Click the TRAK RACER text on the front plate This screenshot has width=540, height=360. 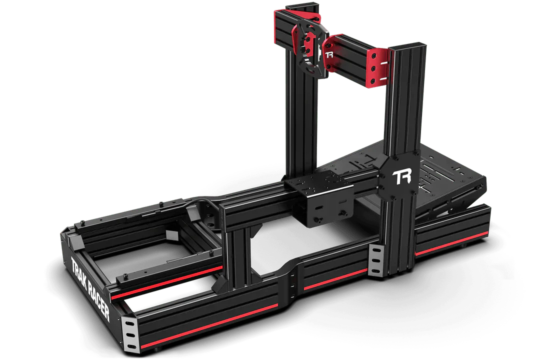click(x=90, y=288)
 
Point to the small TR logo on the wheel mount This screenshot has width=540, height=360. click(x=329, y=54)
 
